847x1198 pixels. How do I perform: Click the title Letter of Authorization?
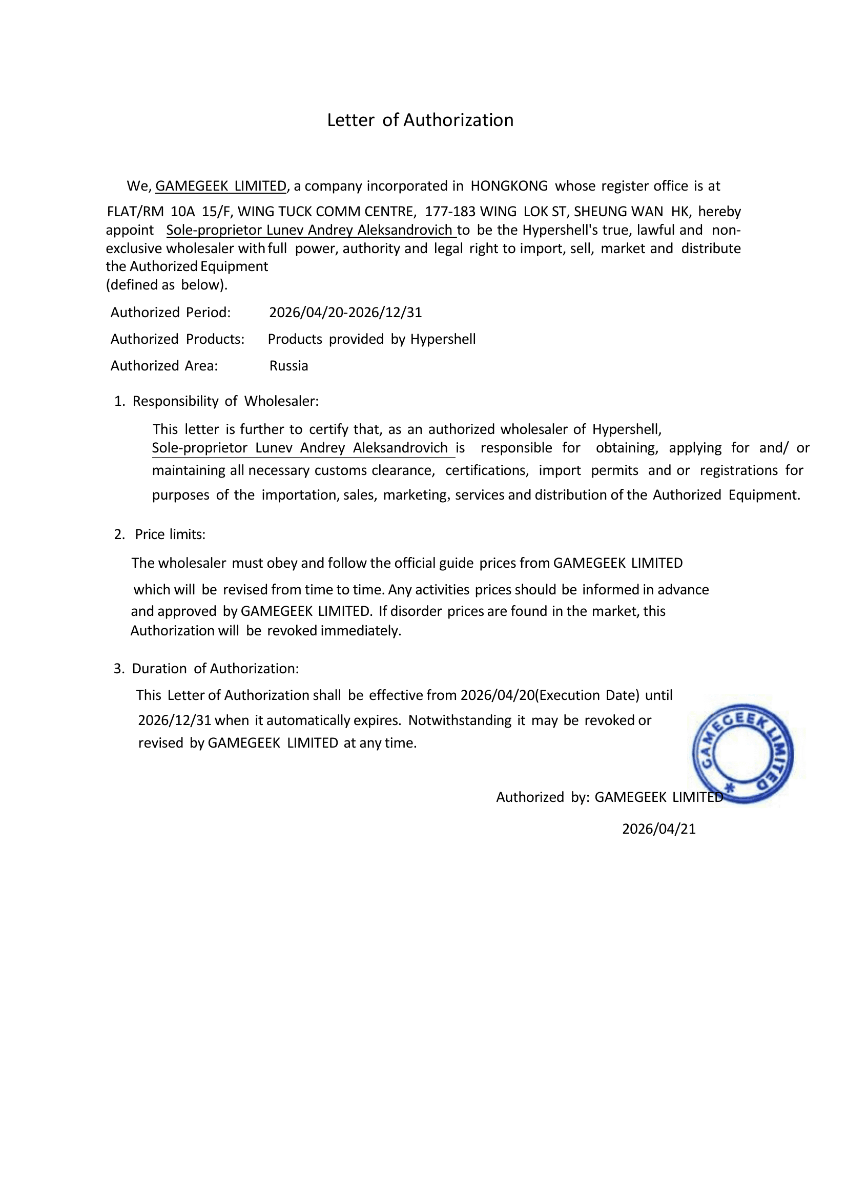(420, 120)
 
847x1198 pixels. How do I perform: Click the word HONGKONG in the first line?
(509, 186)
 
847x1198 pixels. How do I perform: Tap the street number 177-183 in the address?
(450, 211)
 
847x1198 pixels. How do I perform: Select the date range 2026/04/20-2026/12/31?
(345, 312)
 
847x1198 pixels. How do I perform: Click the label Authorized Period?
(170, 312)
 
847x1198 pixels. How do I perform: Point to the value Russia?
(288, 365)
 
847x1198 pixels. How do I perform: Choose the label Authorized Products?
(177, 339)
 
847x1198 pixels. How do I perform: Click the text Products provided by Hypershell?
(371, 339)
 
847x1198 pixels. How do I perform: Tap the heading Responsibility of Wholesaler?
(225, 401)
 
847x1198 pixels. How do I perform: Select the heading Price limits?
(170, 534)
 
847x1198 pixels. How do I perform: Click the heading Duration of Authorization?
(215, 668)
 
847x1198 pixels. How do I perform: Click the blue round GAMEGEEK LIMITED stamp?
(743, 753)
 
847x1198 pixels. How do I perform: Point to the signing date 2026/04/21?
(658, 829)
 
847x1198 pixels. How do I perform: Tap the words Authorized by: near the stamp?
(542, 797)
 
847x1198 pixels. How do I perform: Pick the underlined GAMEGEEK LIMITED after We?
(221, 186)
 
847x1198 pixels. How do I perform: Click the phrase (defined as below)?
(167, 284)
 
